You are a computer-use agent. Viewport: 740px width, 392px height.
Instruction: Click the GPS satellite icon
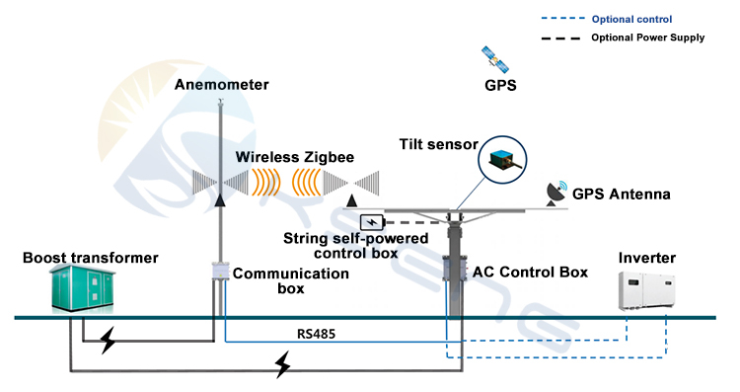(x=494, y=59)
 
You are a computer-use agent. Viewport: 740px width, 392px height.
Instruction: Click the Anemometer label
(x=222, y=85)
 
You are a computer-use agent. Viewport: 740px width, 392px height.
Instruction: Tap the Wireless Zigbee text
(x=295, y=157)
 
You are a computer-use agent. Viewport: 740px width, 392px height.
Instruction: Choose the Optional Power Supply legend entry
(x=647, y=39)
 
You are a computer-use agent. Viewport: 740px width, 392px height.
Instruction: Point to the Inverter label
(x=647, y=259)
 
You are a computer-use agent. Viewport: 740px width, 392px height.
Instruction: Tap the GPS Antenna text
(x=622, y=195)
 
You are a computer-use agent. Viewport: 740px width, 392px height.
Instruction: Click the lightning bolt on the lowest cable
(x=283, y=367)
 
